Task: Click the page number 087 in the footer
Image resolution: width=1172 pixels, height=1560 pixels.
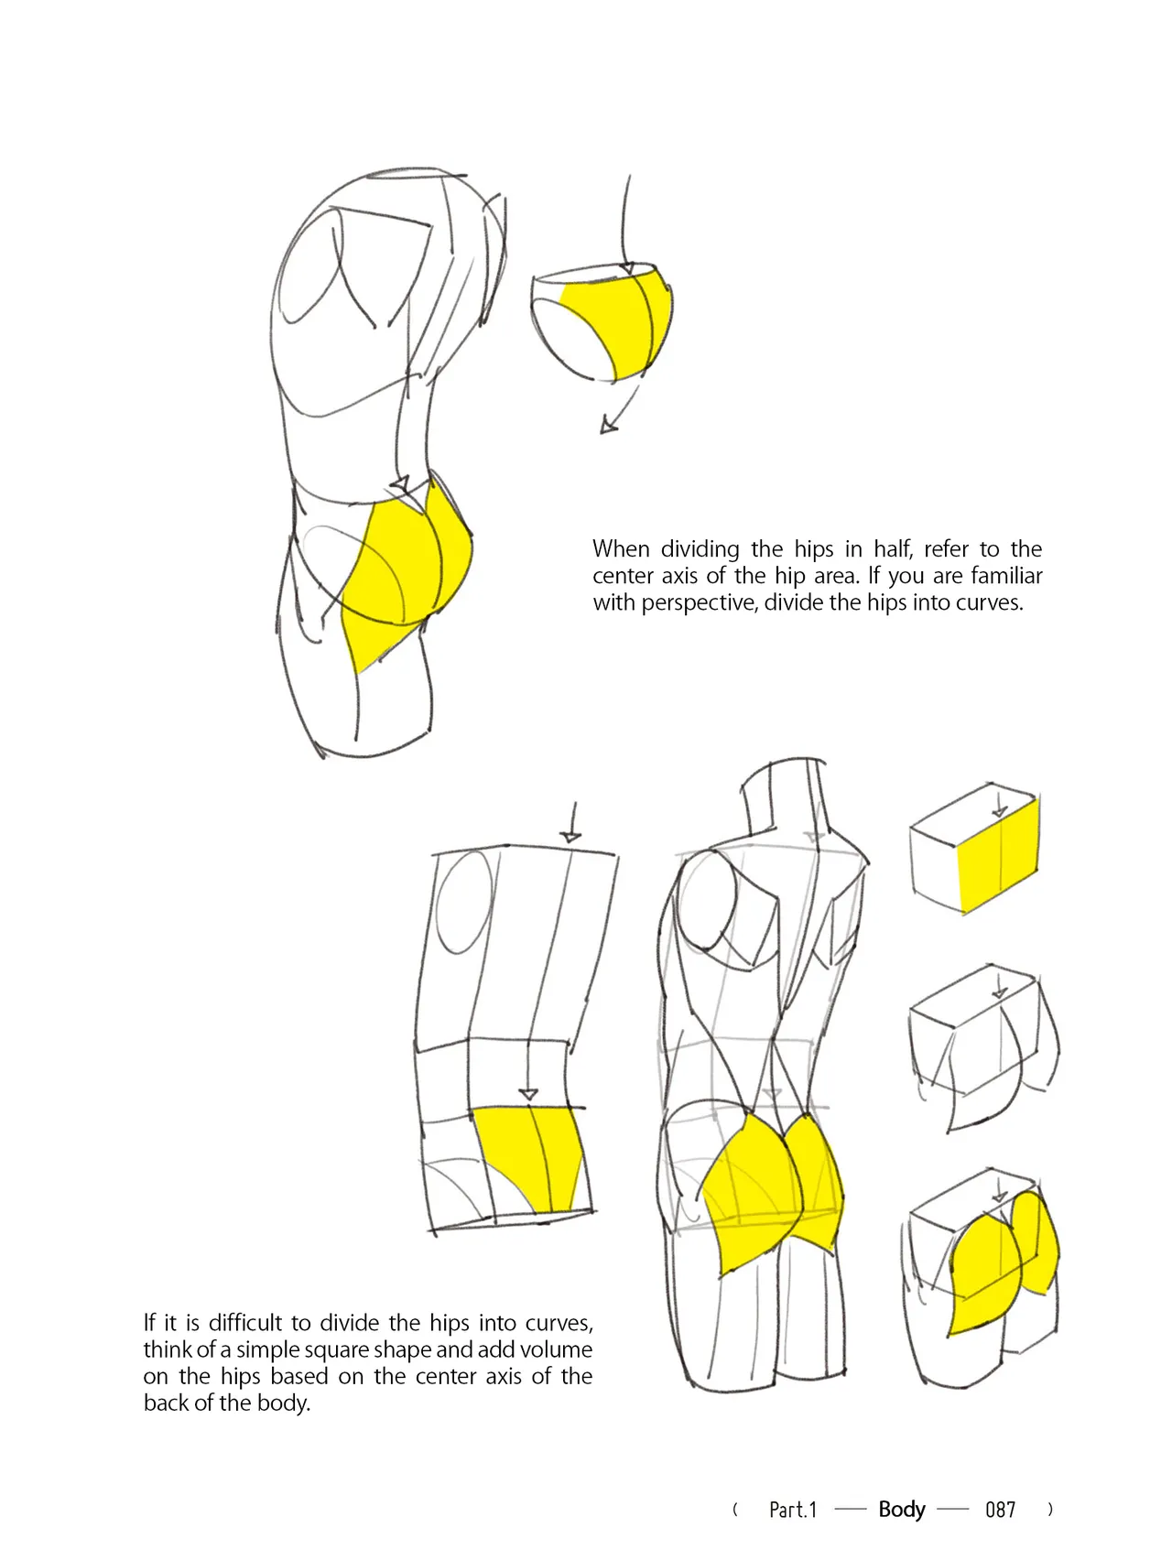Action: [x=1000, y=1510]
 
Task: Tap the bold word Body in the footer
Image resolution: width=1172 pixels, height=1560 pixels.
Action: [x=902, y=1510]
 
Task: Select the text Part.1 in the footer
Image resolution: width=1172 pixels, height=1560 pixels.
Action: [x=793, y=1510]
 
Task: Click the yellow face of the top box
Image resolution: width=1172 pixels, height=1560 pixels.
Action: [x=998, y=855]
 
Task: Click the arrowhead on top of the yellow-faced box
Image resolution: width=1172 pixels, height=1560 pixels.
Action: [x=1000, y=811]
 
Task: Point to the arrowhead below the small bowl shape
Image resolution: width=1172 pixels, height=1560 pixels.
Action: [x=607, y=426]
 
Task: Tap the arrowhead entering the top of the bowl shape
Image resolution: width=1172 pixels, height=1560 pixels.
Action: [x=627, y=268]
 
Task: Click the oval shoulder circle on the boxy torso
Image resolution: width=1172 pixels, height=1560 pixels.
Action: [x=465, y=902]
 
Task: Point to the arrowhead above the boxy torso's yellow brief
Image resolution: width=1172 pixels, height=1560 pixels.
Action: [x=528, y=1095]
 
